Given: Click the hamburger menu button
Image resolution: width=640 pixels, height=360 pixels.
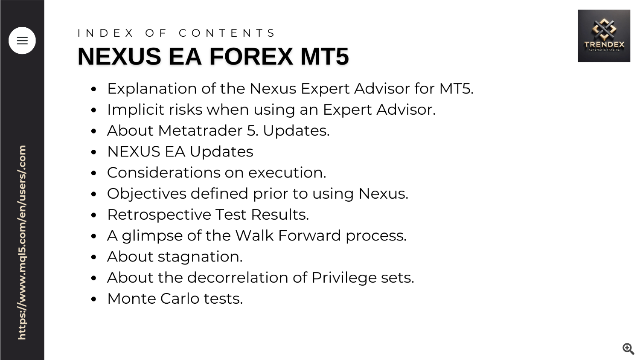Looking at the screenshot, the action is (22, 41).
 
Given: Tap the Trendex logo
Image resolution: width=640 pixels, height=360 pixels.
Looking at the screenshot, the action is (604, 36).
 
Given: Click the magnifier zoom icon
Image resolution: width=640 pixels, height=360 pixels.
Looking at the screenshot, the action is (628, 348).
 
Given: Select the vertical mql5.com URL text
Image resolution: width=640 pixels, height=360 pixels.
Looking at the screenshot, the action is (22, 243).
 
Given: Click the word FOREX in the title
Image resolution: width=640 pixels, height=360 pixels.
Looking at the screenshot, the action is (251, 56).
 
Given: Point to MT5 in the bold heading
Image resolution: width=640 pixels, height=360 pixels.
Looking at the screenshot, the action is (325, 56).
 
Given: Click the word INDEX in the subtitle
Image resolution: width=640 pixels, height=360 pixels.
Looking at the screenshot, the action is (105, 33).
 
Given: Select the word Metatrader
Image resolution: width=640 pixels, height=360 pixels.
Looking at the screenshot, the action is (200, 131).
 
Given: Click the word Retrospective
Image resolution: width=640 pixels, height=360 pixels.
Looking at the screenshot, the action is (159, 215).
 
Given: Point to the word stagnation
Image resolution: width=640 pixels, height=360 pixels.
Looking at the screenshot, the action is (200, 257).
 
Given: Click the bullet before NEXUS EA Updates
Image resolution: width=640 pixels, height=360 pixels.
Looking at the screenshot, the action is (93, 152).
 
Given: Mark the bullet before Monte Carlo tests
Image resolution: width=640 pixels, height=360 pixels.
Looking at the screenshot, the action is (93, 299).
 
